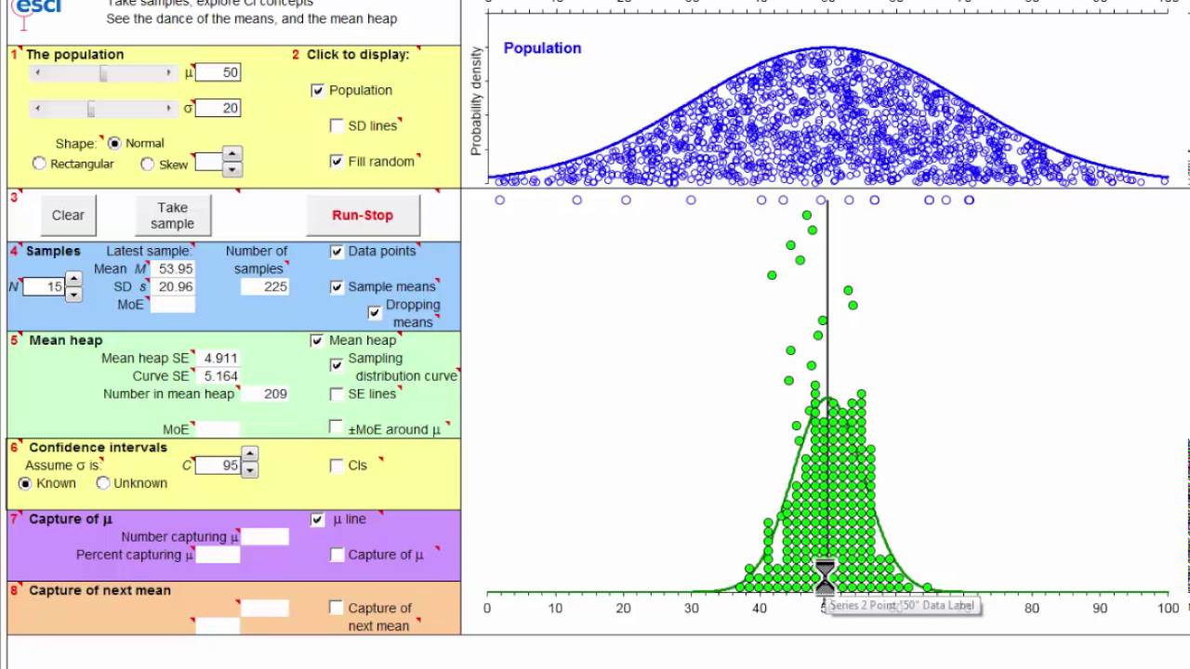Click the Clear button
68,215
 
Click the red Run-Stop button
363,215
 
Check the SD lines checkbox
337,125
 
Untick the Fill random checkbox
337,162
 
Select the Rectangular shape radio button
39,164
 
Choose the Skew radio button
148,164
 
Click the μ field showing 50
218,72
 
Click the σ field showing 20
218,108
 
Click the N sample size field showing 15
43,287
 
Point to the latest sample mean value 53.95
176,269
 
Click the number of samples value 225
265,287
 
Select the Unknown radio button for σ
103,483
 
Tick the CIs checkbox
337,466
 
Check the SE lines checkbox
337,394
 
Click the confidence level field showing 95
219,466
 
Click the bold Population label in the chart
542,48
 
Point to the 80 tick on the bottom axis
1032,609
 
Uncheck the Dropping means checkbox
375,313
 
